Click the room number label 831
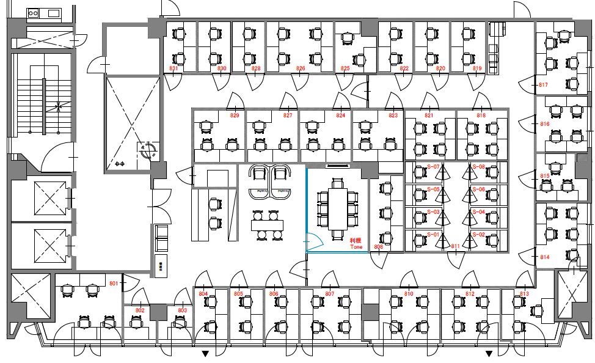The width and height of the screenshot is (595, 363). click(173, 68)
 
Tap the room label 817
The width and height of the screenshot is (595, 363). click(543, 84)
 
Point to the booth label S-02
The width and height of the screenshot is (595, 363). click(478, 235)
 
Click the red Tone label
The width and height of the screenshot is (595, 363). click(356, 247)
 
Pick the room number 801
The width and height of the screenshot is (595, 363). click(114, 284)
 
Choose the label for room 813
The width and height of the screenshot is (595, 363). click(524, 294)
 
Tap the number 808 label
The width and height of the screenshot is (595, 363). click(378, 247)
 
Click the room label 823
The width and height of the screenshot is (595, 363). click(393, 115)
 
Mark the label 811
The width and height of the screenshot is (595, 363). click(455, 246)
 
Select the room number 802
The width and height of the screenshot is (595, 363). click(140, 310)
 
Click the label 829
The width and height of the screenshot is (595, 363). click(235, 115)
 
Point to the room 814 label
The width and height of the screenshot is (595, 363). click(545, 257)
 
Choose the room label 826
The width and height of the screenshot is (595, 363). click(301, 68)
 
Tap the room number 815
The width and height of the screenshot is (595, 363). click(545, 175)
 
